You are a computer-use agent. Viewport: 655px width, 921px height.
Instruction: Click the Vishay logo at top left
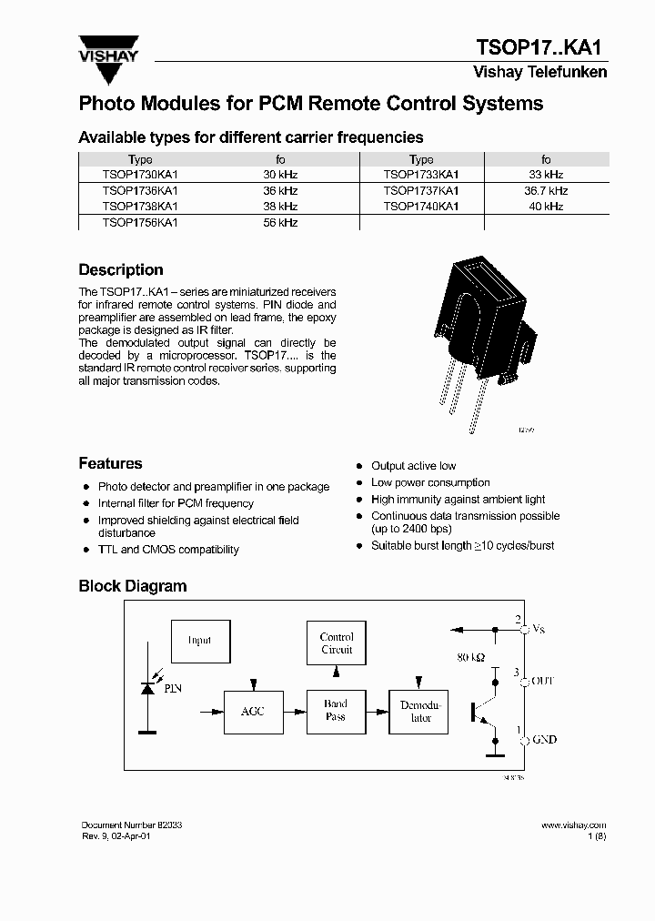[108, 51]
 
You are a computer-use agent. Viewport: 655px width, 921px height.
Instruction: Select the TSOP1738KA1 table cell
[140, 207]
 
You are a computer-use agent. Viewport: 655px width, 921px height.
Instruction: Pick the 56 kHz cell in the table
[280, 222]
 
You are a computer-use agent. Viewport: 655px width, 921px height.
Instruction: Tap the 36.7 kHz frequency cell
[546, 191]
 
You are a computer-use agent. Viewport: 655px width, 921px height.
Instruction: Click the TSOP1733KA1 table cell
[421, 175]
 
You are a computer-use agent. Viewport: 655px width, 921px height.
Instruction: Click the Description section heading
[121, 270]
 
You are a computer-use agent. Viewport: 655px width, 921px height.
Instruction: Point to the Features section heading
[110, 463]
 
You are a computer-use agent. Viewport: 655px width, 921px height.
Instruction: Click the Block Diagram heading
[133, 586]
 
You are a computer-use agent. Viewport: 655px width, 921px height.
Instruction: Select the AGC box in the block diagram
[252, 711]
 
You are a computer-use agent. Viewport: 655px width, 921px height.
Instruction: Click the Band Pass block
[336, 711]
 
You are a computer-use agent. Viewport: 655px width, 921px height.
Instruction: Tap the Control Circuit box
[337, 643]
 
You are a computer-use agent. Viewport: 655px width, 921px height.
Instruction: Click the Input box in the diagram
[199, 641]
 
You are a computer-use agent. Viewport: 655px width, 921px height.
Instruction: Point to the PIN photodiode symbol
[146, 689]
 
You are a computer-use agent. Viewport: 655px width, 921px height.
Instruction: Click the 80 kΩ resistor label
[470, 656]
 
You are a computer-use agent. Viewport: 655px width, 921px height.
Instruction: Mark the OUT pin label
[542, 681]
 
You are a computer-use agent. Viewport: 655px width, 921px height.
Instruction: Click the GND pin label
[543, 740]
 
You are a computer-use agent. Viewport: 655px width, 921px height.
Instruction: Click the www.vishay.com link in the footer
[573, 825]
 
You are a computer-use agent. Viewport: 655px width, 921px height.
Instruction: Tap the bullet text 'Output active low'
[413, 466]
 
